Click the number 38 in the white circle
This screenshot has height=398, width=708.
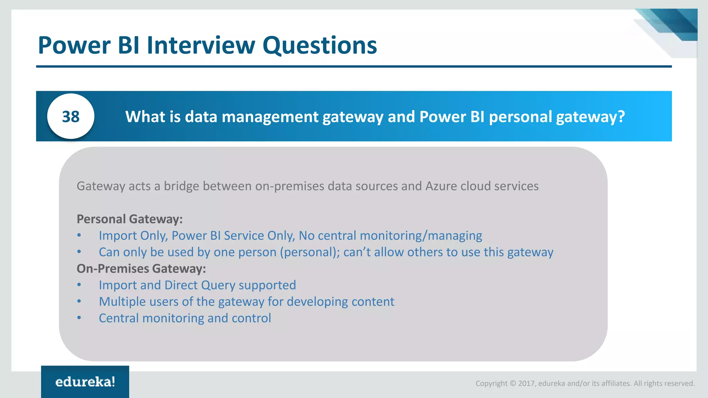pos(71,117)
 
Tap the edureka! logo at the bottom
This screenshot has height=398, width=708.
pos(85,382)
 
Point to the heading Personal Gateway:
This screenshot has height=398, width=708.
pos(130,219)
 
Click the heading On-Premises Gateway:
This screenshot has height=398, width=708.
pos(141,268)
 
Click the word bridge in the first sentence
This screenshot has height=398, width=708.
pos(181,186)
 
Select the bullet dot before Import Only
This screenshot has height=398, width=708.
pos(79,235)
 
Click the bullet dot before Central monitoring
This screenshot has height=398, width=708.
pos(79,318)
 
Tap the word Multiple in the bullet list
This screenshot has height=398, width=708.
pos(121,302)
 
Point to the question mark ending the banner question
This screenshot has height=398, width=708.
pos(621,117)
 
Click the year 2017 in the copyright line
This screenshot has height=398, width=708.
pos(527,383)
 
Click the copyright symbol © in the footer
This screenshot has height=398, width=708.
pos(513,383)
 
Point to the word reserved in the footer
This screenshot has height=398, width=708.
pos(683,383)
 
